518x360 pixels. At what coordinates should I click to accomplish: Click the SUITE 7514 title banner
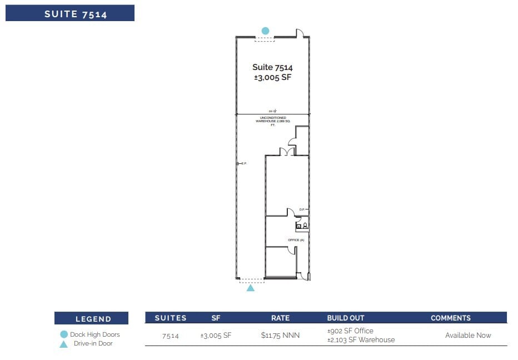point(70,13)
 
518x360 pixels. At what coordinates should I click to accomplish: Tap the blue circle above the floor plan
point(265,31)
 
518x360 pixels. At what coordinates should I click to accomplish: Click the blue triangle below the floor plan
point(251,288)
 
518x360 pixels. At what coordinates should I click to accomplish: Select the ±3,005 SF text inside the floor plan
point(272,78)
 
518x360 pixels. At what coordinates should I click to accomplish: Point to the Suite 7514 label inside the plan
point(272,67)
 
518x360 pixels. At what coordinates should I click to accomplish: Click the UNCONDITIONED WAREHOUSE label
point(273,121)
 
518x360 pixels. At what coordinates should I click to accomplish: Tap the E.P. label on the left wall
point(243,163)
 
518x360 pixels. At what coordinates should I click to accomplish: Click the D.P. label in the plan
point(302,209)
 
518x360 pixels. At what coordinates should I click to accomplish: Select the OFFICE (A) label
point(296,240)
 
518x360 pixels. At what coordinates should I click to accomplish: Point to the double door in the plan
point(287,152)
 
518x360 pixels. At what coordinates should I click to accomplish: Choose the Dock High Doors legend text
point(95,334)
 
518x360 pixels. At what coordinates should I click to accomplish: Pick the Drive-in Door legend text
point(93,343)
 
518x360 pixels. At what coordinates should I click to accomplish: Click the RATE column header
point(280,318)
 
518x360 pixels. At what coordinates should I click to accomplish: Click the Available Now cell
point(468,336)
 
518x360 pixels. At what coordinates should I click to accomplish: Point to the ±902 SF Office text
point(350,331)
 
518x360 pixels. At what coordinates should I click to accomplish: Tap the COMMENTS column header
point(451,318)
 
